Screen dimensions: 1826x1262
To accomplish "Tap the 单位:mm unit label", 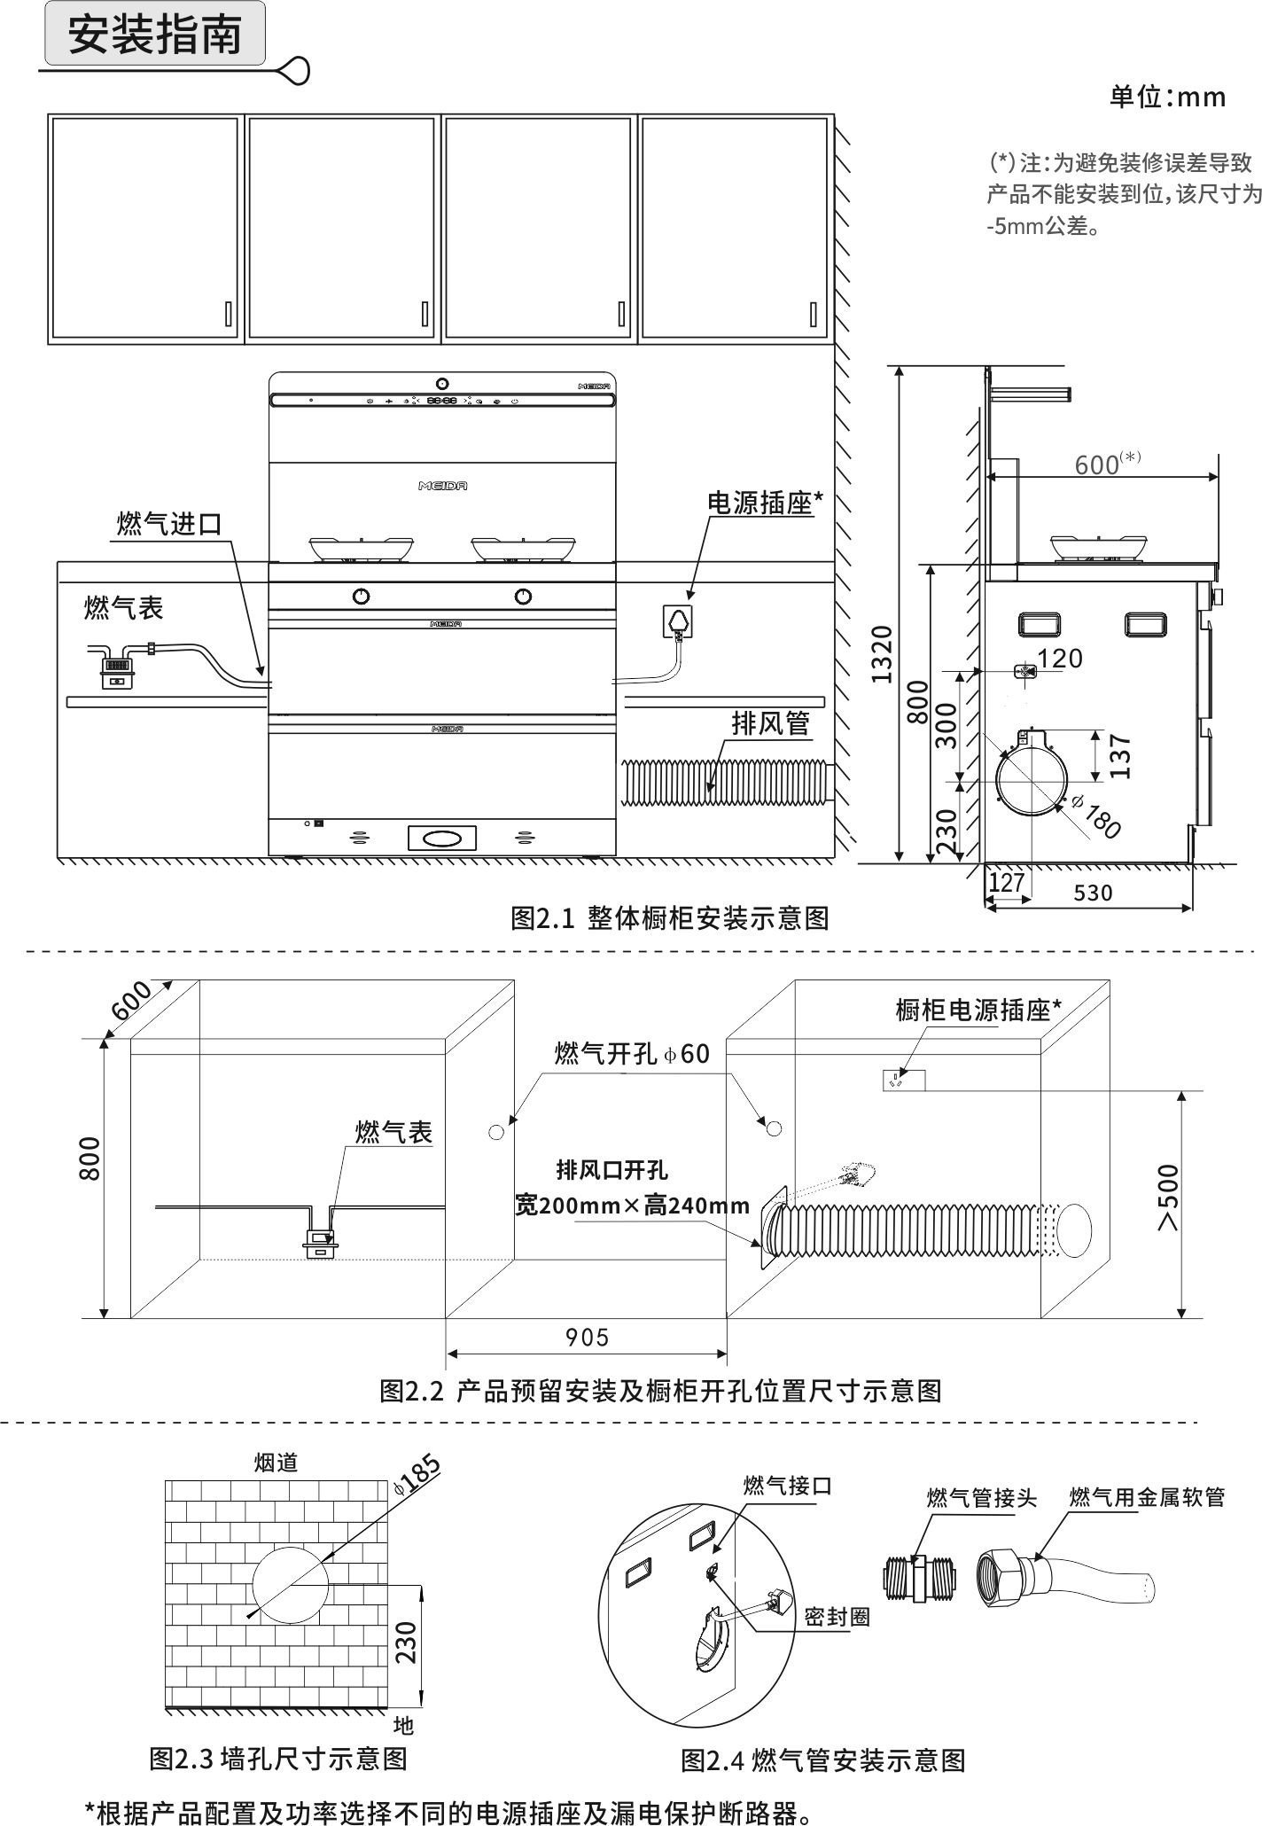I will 1167,97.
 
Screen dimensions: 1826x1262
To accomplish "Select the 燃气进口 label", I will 169,523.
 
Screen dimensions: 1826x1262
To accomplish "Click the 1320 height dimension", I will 882,653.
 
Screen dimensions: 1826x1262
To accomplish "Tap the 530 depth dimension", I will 1092,893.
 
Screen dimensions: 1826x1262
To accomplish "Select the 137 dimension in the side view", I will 1120,755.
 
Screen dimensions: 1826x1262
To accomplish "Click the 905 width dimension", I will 587,1337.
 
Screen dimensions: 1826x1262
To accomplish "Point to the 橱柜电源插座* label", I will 978,1010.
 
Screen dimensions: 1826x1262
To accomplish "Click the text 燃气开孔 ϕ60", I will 631,1053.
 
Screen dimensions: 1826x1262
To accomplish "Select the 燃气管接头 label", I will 981,1497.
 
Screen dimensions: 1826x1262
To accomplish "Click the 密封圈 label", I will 837,1617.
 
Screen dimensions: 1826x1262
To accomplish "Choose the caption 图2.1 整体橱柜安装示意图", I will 669,917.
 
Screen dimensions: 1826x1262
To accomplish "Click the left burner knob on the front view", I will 361,596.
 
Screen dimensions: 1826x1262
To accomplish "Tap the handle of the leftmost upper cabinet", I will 229,313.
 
